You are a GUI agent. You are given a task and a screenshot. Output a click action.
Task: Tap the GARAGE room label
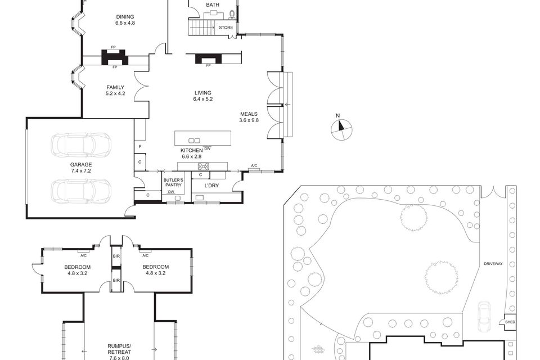pos(81,165)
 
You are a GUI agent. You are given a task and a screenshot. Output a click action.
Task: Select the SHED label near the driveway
pos(510,322)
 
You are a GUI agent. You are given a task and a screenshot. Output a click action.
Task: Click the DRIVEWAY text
pos(493,264)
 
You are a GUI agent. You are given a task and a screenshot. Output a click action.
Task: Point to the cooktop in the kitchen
pos(203,166)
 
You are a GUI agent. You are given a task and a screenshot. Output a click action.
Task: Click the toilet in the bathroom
pos(232,14)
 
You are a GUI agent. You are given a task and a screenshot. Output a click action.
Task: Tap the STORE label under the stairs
pos(226,28)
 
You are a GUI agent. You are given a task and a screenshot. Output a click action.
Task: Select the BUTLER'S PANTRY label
pos(173,183)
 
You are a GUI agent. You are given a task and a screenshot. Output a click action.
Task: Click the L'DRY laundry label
pos(211,186)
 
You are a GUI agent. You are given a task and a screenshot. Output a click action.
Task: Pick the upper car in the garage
pos(81,145)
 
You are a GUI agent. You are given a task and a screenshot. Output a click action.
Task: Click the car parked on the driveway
pos(484,316)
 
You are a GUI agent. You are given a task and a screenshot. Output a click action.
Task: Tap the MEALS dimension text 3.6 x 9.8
pos(249,120)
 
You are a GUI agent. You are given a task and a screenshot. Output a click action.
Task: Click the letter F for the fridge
pos(140,147)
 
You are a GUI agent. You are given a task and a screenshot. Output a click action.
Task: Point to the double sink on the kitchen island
pos(194,141)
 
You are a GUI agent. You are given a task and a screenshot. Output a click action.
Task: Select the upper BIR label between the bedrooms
pos(116,256)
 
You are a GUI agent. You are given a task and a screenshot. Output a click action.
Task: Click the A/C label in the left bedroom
pos(83,255)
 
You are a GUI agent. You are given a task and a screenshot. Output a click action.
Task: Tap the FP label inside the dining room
pos(113,47)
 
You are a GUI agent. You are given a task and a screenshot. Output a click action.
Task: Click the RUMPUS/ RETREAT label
pos(119,349)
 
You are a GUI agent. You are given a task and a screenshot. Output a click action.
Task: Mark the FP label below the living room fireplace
pos(208,65)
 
